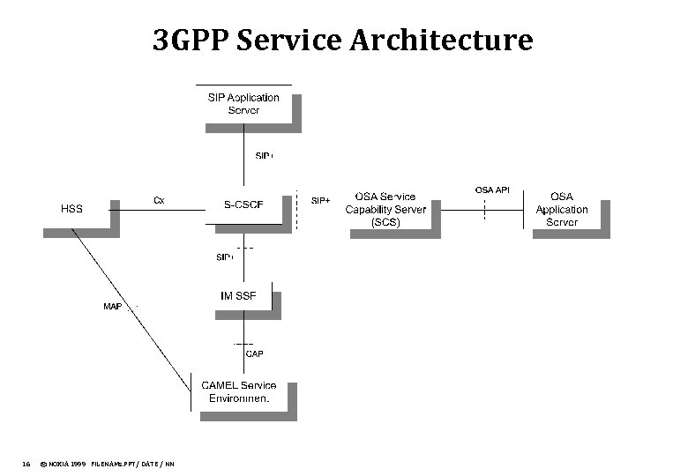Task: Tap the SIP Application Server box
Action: (x=243, y=104)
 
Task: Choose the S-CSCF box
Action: (x=243, y=205)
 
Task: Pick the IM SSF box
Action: (x=238, y=296)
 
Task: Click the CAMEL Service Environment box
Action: (x=238, y=391)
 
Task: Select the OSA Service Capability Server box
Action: (x=385, y=210)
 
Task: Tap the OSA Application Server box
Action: (x=561, y=210)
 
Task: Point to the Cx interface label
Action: (x=159, y=200)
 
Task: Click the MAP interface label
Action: (x=113, y=307)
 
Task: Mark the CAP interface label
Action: (x=254, y=353)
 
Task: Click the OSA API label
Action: (x=492, y=190)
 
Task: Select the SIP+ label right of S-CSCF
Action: (x=321, y=201)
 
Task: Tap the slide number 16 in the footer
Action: (x=26, y=464)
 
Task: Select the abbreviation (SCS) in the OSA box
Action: (x=385, y=222)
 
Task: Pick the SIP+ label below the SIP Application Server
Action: (x=264, y=156)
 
